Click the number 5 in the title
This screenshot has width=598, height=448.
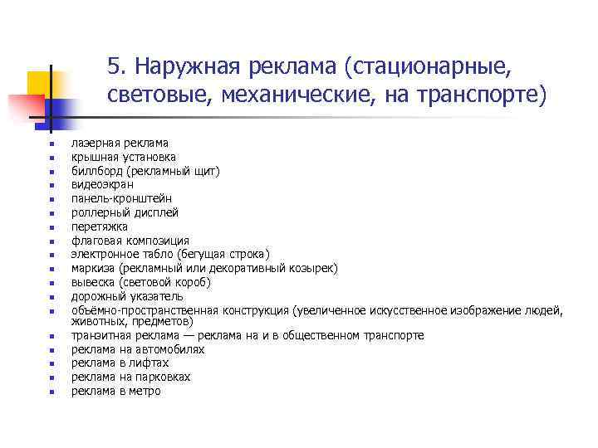(114, 65)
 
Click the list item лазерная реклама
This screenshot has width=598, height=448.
(120, 143)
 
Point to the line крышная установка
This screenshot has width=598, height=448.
(123, 157)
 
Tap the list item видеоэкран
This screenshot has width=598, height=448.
(102, 185)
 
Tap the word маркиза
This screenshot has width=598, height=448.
(93, 268)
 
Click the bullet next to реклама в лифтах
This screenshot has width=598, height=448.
(51, 363)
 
